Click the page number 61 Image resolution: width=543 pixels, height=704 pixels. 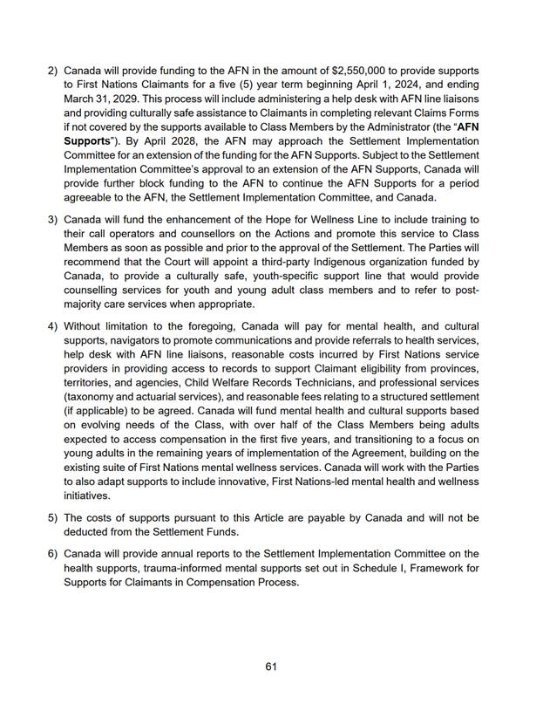(x=271, y=667)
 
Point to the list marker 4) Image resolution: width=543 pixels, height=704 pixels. (x=53, y=328)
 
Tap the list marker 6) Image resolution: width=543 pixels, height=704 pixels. (x=53, y=555)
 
